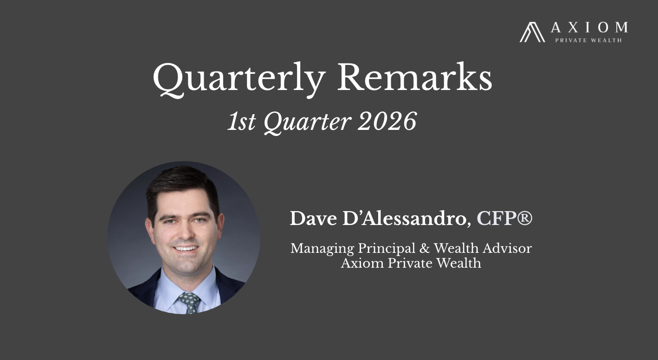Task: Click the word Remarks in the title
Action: [414, 78]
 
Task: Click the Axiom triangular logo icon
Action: [532, 32]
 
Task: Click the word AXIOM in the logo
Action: [589, 27]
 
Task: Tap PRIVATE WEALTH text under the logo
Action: [588, 40]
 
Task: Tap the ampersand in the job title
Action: [424, 248]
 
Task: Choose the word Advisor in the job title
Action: [507, 248]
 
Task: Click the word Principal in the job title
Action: [387, 249]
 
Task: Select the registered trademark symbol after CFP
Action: [524, 218]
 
